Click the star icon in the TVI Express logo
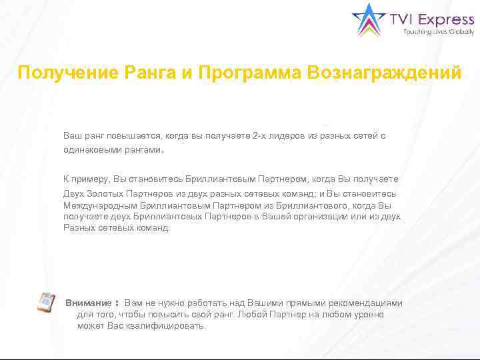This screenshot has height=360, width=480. click(368, 20)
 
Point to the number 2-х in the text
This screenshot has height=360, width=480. click(243, 136)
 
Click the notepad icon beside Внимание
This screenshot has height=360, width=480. click(46, 303)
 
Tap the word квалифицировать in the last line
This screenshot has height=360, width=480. click(167, 326)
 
